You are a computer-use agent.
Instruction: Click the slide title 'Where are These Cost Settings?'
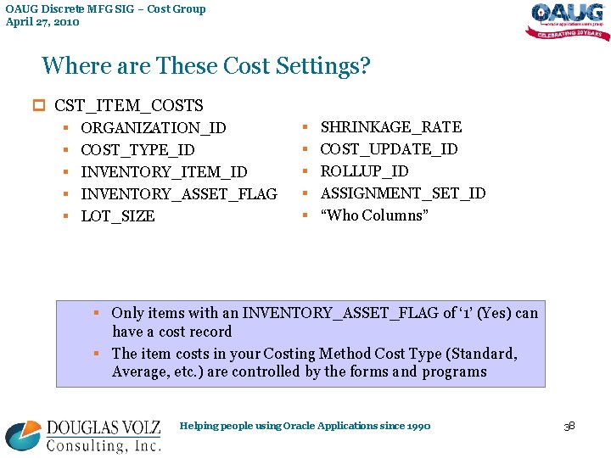pyautogui.click(x=206, y=66)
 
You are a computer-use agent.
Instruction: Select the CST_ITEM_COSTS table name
pyautogui.click(x=129, y=106)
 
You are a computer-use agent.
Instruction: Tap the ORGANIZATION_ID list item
pyautogui.click(x=153, y=128)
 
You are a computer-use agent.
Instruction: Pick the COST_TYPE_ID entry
pyautogui.click(x=137, y=150)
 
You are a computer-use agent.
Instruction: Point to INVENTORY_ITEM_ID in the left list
pyautogui.click(x=164, y=172)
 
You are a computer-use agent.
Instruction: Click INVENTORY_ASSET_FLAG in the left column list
pyautogui.click(x=178, y=194)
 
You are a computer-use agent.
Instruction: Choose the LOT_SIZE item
pyautogui.click(x=118, y=216)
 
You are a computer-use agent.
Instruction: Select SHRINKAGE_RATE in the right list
pyautogui.click(x=390, y=127)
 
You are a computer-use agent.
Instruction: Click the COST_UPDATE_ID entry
pyautogui.click(x=389, y=149)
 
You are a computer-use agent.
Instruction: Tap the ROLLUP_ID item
pyautogui.click(x=364, y=171)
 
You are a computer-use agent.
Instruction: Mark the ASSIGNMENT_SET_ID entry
pyautogui.click(x=403, y=193)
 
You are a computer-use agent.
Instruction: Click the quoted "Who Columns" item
pyautogui.click(x=374, y=215)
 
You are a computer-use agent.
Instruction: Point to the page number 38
pyautogui.click(x=569, y=426)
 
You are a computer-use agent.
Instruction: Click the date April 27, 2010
pyautogui.click(x=42, y=22)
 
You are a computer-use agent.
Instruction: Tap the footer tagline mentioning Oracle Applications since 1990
pyautogui.click(x=305, y=426)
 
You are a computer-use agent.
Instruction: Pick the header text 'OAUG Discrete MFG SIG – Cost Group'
pyautogui.click(x=105, y=9)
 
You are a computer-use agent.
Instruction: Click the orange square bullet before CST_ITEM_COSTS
pyautogui.click(x=37, y=106)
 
